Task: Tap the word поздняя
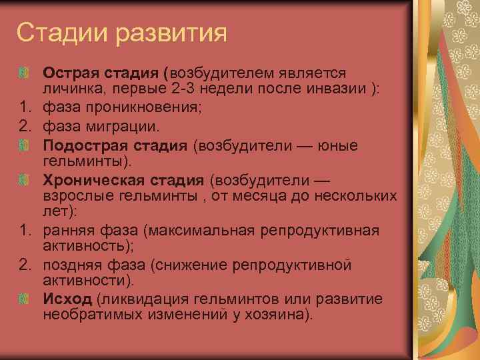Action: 71,266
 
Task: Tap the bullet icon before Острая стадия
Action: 24,71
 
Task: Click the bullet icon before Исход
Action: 24,297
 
